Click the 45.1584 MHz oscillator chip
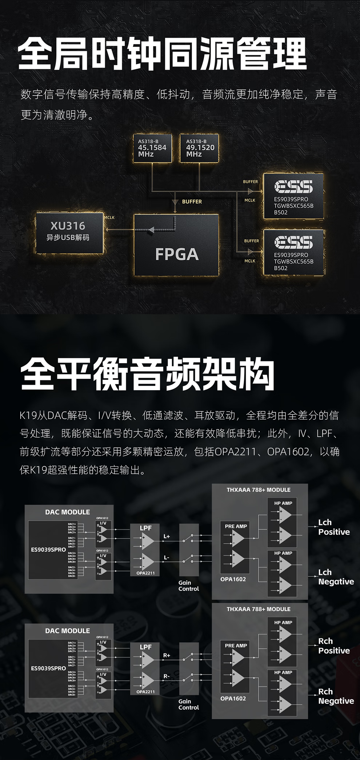tap(152, 148)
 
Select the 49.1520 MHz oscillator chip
tap(200, 148)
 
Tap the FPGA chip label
tap(177, 254)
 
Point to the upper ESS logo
tap(293, 187)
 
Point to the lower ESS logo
tap(293, 242)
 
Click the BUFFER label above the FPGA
tap(192, 201)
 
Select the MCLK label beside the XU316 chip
tap(109, 217)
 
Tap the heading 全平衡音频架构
tap(147, 374)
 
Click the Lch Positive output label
tap(333, 527)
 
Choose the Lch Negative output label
tap(336, 577)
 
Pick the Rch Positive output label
tap(333, 646)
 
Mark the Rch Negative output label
tap(336, 696)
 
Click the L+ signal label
tap(167, 536)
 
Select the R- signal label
tap(167, 676)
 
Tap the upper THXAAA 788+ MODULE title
tap(259, 490)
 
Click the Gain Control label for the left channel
tap(188, 586)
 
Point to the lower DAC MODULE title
tap(67, 631)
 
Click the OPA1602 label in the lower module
tap(233, 699)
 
